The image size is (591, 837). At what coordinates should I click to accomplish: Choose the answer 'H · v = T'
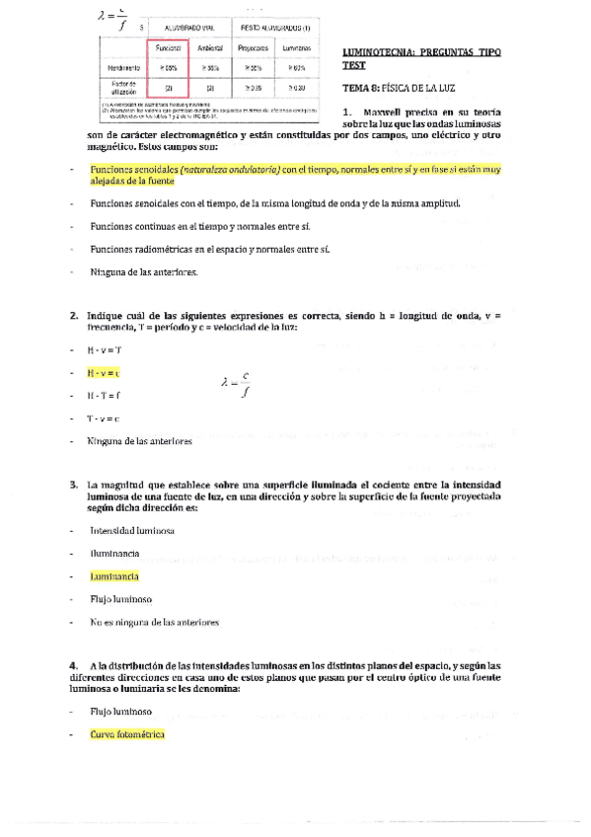(x=104, y=350)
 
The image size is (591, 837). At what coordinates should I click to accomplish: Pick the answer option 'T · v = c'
(x=103, y=418)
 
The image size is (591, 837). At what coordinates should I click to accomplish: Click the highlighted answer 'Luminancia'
(x=113, y=575)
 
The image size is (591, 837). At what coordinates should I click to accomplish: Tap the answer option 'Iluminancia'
(x=114, y=553)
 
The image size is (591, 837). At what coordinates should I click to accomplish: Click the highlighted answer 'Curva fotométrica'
(x=126, y=734)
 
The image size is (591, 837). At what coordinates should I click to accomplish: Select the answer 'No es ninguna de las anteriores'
(x=153, y=622)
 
